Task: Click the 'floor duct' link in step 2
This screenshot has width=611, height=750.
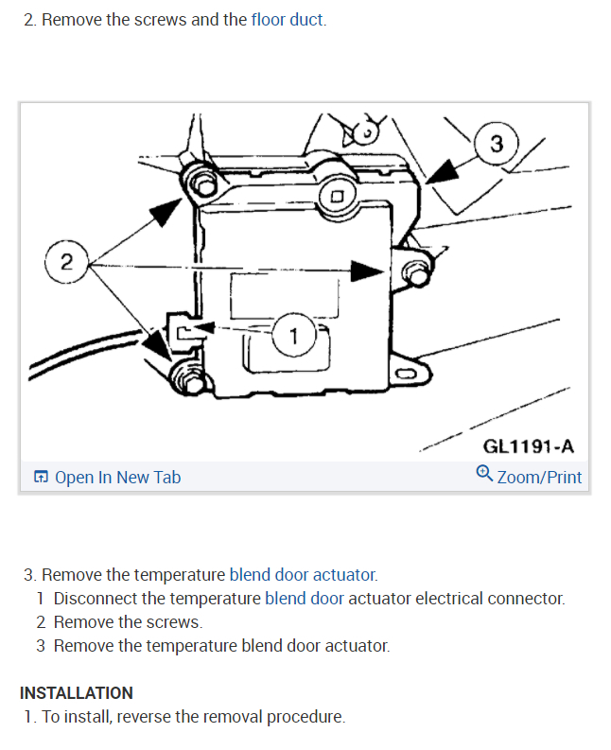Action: [288, 20]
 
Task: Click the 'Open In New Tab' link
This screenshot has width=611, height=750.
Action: [117, 478]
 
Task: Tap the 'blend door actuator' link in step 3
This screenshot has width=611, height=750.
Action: [303, 575]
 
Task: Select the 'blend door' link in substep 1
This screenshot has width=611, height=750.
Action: [305, 599]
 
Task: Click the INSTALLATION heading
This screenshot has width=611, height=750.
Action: [77, 693]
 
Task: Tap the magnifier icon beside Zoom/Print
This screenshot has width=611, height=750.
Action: [484, 475]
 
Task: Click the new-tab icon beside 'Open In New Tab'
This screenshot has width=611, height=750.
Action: [41, 478]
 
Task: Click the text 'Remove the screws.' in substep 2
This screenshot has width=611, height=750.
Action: [128, 622]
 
